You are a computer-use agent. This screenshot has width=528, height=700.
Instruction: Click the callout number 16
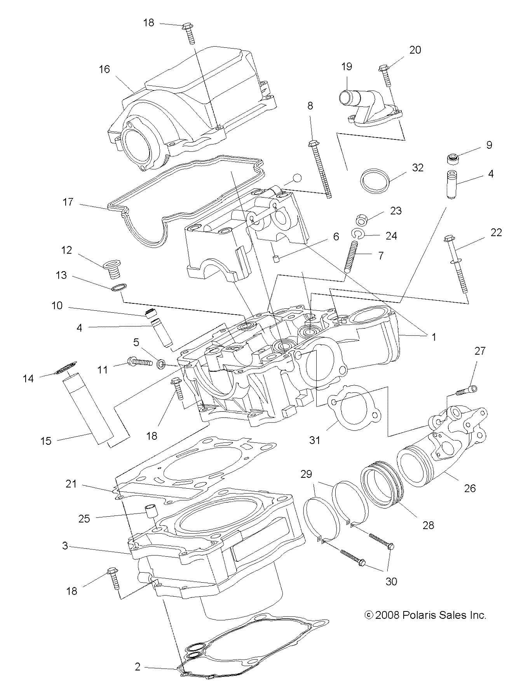tap(105, 69)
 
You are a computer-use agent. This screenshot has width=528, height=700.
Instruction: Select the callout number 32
tap(418, 168)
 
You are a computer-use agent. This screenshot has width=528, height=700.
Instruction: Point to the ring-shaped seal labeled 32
tap(375, 179)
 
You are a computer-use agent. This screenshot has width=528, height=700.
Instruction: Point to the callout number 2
tap(138, 667)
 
